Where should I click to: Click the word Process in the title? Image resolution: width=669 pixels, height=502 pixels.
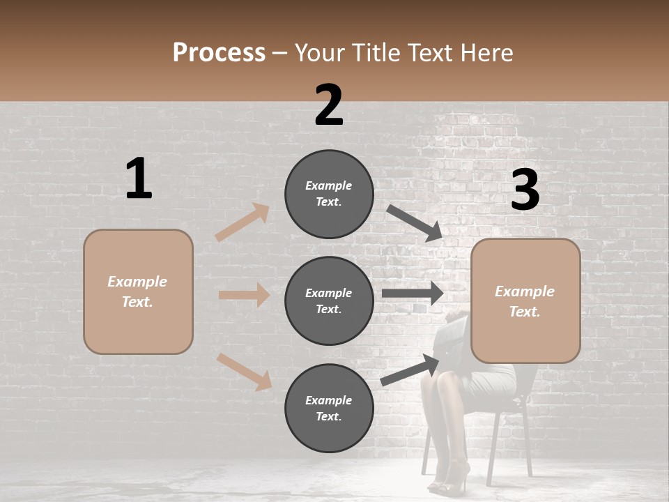click(219, 52)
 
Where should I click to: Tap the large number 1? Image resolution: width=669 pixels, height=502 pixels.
click(139, 179)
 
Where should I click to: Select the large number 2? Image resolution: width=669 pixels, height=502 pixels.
click(329, 105)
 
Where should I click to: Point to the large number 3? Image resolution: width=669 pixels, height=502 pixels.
click(525, 190)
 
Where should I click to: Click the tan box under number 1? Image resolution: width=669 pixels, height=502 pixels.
click(138, 291)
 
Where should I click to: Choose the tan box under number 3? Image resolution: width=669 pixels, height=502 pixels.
click(525, 301)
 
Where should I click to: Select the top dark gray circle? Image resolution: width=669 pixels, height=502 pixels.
click(329, 194)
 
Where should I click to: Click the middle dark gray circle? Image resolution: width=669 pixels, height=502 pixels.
click(329, 301)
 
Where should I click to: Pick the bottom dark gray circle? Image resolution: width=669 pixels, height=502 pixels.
click(329, 408)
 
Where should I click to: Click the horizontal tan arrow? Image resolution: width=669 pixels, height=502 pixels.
click(244, 295)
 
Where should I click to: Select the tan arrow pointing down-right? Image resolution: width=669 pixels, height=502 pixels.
click(245, 372)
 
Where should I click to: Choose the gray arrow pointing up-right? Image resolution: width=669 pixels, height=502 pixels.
click(410, 370)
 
